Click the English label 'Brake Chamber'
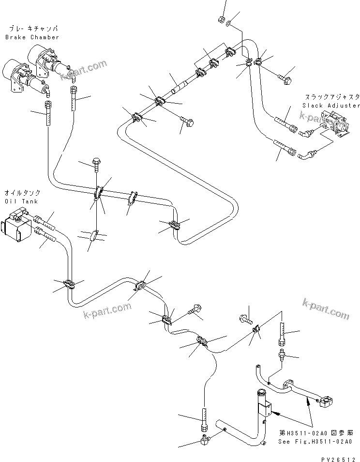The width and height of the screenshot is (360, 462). click(32, 37)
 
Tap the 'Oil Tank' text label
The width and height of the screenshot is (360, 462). click(17, 200)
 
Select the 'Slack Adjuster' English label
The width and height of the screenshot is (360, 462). click(331, 105)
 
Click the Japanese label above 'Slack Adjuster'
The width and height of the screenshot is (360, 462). click(331, 97)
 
